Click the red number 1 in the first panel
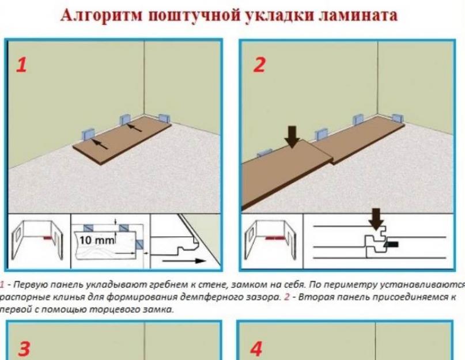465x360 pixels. (22, 65)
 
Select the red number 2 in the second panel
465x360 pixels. (259, 65)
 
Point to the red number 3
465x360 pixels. (24, 349)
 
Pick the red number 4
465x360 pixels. (256, 348)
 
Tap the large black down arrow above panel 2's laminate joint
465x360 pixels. (292, 137)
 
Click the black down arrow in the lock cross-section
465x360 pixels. (376, 219)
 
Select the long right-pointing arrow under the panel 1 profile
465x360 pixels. (184, 261)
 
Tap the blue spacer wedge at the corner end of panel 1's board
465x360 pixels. (164, 118)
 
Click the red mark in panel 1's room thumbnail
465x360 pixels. (47, 237)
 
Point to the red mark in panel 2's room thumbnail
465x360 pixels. (275, 238)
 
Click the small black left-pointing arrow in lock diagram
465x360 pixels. (391, 244)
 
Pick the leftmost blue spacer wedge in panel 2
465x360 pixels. (264, 153)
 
